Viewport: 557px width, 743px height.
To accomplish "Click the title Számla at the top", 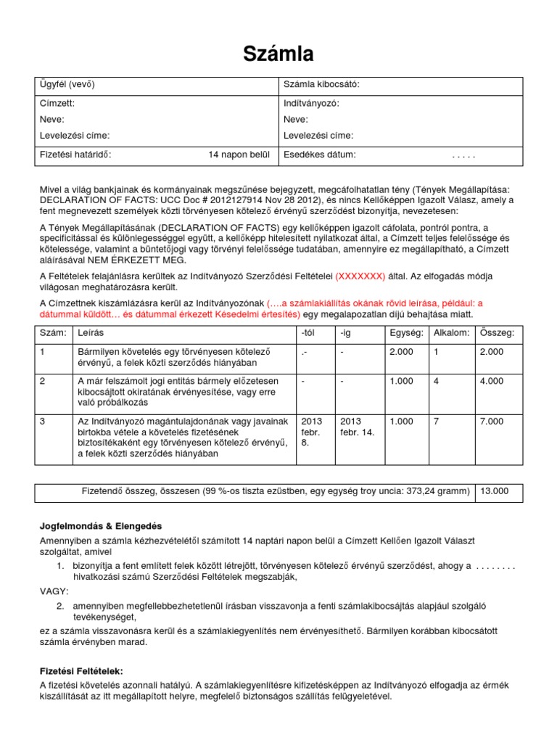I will tap(278, 54).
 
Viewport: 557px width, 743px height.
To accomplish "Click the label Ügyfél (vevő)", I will tap(67, 85).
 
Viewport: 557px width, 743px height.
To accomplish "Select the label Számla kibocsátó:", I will tap(321, 85).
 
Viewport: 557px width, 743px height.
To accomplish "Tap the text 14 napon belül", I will tap(239, 155).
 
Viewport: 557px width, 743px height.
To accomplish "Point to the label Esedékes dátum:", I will tap(320, 155).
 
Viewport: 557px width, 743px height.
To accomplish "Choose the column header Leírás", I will tap(91, 332).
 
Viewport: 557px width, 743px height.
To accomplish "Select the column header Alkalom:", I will tap(451, 332).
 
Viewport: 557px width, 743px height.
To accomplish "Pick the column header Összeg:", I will tap(497, 332).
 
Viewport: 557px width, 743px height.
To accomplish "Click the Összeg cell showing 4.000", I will tap(491, 381).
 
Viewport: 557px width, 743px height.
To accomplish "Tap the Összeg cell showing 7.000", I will tap(491, 422).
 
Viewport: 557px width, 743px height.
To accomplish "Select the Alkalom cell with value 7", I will tap(436, 422).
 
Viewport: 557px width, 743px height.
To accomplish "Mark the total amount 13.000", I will tap(495, 491).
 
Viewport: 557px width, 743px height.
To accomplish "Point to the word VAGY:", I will tap(54, 591).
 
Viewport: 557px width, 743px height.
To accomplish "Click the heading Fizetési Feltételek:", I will tap(82, 671).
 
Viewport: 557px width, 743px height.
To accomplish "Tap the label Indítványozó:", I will tap(311, 103).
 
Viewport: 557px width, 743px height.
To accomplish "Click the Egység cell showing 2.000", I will tap(401, 351).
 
